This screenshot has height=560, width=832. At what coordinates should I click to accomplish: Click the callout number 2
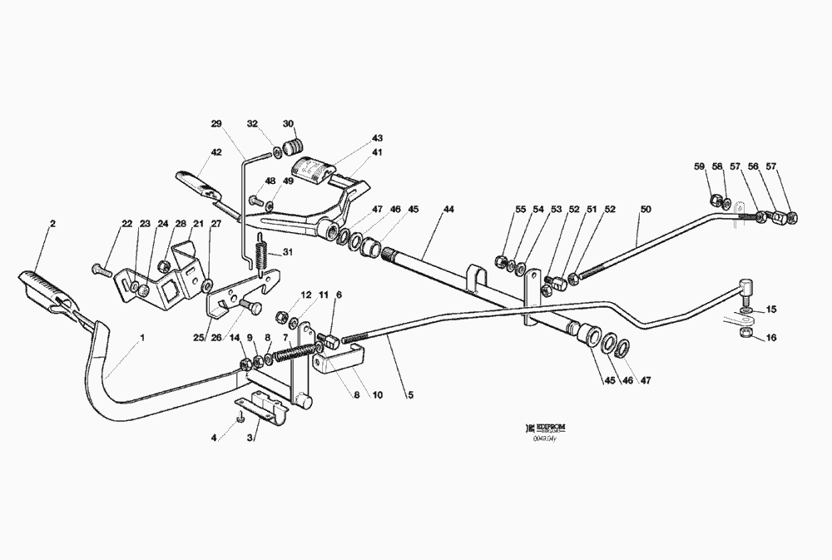[x=52, y=224]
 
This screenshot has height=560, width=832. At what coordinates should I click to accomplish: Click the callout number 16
[x=771, y=338]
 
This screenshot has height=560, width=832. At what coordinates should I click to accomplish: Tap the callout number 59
[x=700, y=166]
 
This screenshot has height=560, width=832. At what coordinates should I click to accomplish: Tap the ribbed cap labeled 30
[x=292, y=148]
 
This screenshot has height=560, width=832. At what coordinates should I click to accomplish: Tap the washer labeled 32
[x=276, y=153]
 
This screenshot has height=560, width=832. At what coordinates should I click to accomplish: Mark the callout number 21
[x=198, y=223]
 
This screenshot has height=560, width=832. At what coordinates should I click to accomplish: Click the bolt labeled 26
[x=247, y=308]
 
